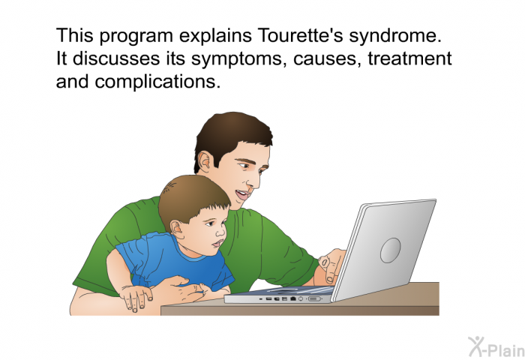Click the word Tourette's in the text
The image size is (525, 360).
click(x=300, y=35)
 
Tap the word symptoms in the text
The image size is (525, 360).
click(x=239, y=59)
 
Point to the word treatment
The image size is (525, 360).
click(x=409, y=58)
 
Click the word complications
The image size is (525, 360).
click(x=157, y=82)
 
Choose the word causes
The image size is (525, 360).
click(x=327, y=59)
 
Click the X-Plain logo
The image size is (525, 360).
click(x=496, y=346)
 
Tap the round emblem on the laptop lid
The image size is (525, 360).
click(x=391, y=250)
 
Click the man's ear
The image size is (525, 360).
click(x=205, y=163)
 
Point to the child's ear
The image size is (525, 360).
click(x=177, y=229)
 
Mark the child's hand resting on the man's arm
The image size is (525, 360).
click(x=136, y=298)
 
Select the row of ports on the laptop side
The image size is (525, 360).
click(x=290, y=298)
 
